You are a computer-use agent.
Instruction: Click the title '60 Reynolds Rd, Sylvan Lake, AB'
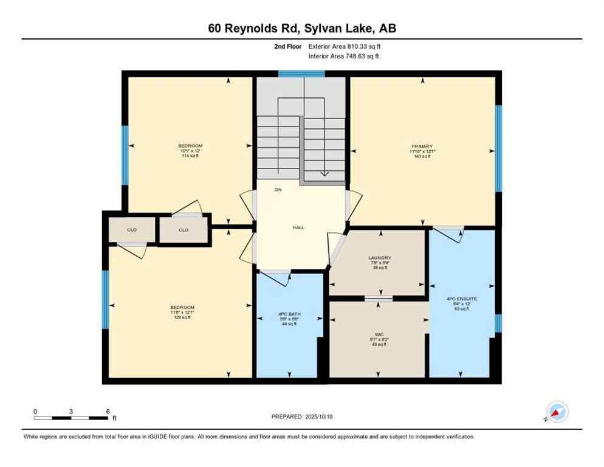tap(301, 28)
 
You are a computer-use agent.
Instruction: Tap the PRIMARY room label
tap(422, 147)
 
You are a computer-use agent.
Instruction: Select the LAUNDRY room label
tap(379, 258)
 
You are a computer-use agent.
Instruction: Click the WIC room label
tap(379, 334)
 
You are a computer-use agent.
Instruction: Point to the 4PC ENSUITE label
tap(462, 299)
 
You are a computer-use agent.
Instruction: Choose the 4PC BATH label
tap(289, 314)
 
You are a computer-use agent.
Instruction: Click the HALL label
tap(298, 227)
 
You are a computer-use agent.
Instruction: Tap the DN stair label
tap(278, 190)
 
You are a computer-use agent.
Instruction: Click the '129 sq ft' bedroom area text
tap(182, 317)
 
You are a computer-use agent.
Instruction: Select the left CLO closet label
tap(132, 230)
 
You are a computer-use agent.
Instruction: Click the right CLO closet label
tap(184, 230)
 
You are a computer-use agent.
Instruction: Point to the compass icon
tap(557, 412)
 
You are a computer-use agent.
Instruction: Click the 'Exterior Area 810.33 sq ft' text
tap(345, 46)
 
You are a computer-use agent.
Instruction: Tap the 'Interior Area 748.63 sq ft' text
tap(345, 56)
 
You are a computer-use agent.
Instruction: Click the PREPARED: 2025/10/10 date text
tap(303, 417)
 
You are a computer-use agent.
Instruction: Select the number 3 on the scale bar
tap(72, 412)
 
